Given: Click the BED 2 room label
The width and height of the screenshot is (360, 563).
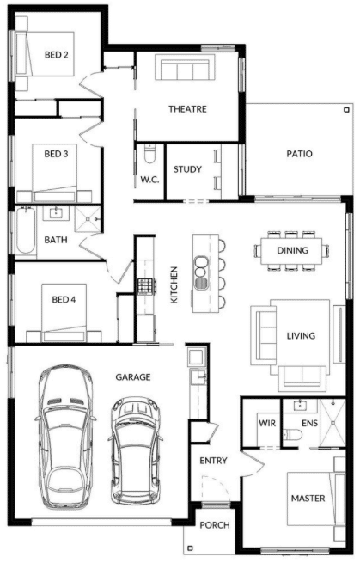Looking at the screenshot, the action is click(x=56, y=55).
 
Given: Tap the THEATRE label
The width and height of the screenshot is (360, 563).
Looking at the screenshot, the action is click(x=187, y=109).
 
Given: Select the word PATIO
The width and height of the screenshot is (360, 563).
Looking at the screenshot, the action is click(x=299, y=154).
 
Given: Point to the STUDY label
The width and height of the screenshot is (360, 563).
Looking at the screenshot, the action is click(x=187, y=169).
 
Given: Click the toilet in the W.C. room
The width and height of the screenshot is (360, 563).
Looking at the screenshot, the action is click(x=149, y=154).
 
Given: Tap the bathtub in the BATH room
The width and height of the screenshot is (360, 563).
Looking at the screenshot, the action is click(x=26, y=231).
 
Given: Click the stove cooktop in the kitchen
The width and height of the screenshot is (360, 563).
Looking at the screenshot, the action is click(x=146, y=286).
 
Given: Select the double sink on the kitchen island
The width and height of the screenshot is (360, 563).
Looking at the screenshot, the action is click(x=201, y=272).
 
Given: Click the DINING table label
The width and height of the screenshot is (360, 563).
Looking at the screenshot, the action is click(x=292, y=250).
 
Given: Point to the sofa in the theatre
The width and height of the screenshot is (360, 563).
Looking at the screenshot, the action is click(x=186, y=68).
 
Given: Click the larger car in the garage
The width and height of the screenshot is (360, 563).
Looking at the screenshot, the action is click(x=65, y=438).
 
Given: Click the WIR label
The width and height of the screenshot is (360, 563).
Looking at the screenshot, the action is click(x=267, y=424).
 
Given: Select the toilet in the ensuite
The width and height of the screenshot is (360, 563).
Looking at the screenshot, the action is click(x=291, y=434).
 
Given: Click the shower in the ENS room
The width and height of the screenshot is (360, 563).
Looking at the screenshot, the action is click(x=333, y=423).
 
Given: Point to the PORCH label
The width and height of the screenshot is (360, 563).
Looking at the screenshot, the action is click(x=215, y=525).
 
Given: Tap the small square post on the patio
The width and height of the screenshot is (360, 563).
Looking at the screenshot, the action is click(x=346, y=110).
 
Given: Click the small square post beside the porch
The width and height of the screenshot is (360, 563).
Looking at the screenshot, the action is click(x=190, y=548).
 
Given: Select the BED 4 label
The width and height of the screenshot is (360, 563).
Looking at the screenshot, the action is click(x=64, y=299).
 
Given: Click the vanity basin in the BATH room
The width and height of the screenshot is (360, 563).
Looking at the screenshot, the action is click(x=56, y=213).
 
